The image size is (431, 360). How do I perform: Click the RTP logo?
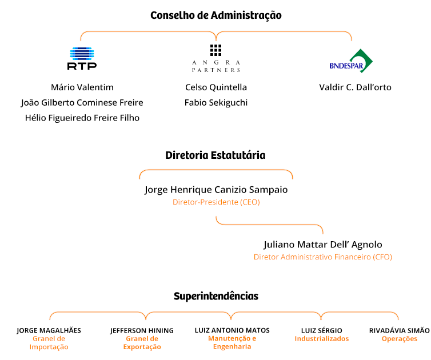(82, 58)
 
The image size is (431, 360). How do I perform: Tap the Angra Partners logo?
(215, 58)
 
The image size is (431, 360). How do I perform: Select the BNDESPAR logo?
(351, 61)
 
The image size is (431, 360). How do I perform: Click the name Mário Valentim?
(82, 87)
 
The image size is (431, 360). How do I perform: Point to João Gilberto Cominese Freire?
(82, 103)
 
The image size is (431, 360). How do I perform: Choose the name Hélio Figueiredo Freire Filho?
(82, 118)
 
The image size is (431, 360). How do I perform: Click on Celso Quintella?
(216, 87)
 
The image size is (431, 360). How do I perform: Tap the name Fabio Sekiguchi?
(216, 103)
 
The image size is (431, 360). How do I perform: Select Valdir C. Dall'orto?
(355, 87)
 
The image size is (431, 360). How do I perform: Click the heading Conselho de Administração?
(216, 15)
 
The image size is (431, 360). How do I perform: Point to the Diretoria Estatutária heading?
(215, 155)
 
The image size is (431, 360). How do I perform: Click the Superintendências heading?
(216, 296)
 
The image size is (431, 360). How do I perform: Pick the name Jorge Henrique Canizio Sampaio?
(216, 190)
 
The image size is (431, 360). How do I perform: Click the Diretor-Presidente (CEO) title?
(216, 202)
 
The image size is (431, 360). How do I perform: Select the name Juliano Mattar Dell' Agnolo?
(323, 245)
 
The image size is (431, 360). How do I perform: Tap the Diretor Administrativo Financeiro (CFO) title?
(323, 257)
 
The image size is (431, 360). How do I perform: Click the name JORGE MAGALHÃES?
(49, 330)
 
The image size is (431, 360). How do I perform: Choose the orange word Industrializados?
(322, 338)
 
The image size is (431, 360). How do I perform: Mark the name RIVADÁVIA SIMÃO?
(400, 330)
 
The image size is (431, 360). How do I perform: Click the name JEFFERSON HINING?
(142, 330)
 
